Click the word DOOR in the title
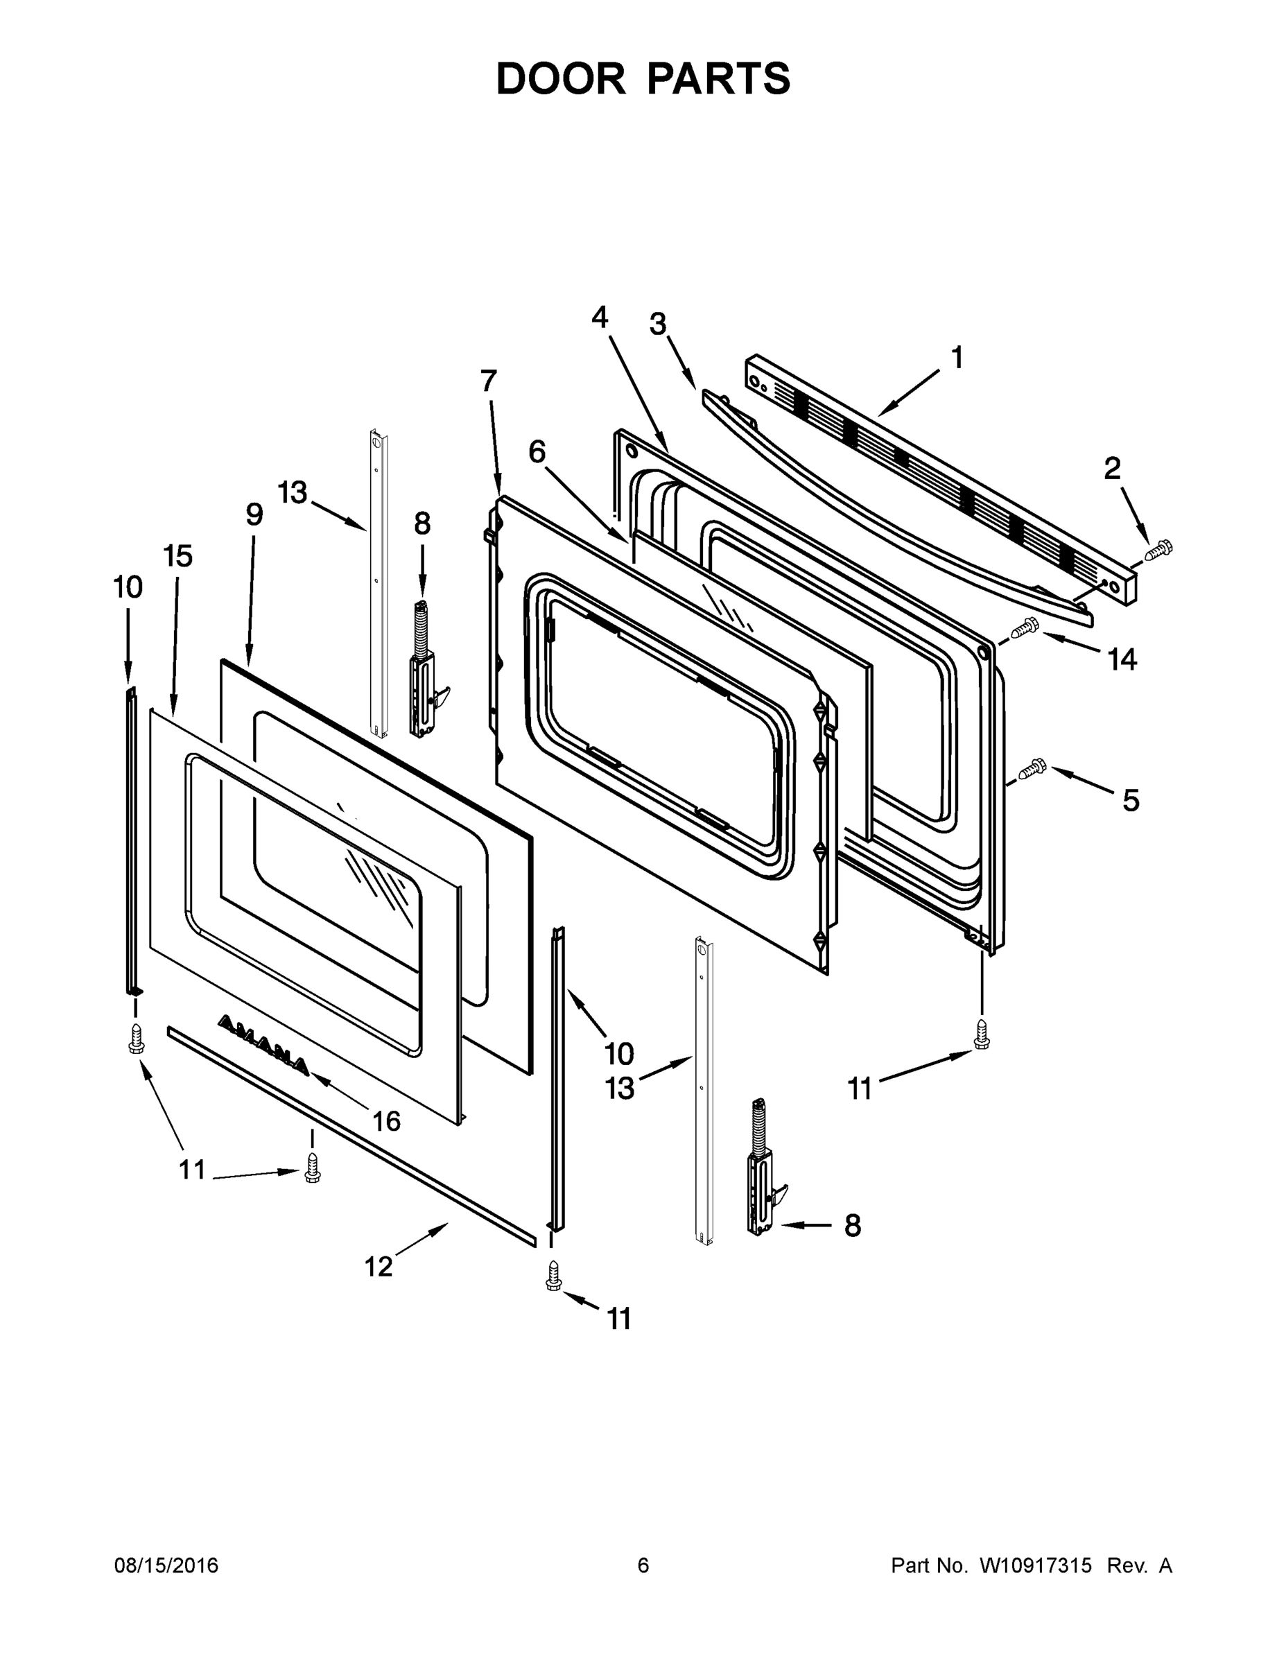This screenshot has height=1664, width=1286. [x=560, y=79]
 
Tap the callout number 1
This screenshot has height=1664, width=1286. [x=957, y=357]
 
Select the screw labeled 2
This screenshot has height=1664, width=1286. [x=1158, y=549]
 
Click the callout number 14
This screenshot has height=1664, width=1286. [x=1122, y=660]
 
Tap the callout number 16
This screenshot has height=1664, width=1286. [x=386, y=1120]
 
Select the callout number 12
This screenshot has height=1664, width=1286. [x=378, y=1267]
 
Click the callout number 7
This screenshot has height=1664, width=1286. [x=488, y=381]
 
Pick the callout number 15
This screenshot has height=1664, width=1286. [x=177, y=556]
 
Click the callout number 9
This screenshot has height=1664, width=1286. [x=254, y=515]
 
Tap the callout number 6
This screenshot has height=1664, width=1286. [x=537, y=452]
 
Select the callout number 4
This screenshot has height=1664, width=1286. [x=600, y=317]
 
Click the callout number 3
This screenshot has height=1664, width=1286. [x=657, y=324]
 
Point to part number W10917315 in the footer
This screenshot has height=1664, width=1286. [x=1035, y=1565]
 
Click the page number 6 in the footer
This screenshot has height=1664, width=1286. [x=643, y=1565]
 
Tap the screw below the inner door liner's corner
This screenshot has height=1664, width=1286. [x=982, y=1034]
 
